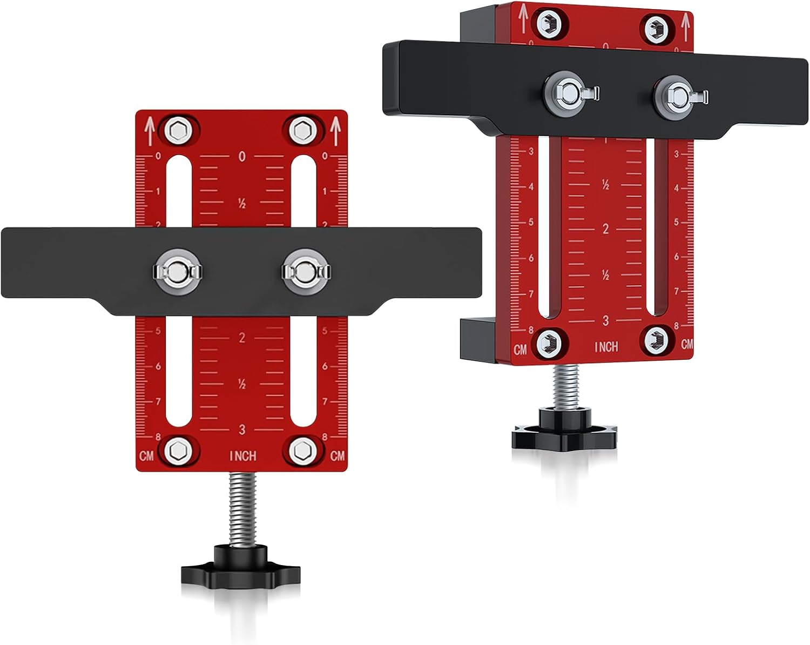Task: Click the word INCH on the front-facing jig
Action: [243, 456]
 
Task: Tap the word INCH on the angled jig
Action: [606, 347]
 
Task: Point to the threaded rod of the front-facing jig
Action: [243, 509]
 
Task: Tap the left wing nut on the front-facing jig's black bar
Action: [177, 271]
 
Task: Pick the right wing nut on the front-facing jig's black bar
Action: [306, 271]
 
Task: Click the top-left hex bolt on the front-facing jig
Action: [178, 131]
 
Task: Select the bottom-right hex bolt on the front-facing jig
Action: [303, 451]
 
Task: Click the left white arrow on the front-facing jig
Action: [150, 131]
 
